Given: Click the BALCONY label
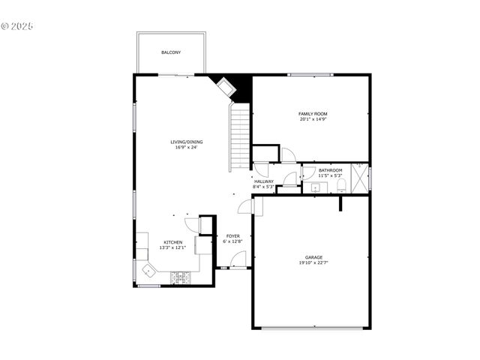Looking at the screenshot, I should point(170,52).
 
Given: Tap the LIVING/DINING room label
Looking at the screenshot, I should point(186,142).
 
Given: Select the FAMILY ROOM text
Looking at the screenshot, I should point(313,114).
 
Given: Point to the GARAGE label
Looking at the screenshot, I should point(313,257).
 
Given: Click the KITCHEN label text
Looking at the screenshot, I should point(173,242).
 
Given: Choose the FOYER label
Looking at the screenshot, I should point(233,235).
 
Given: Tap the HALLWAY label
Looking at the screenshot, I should point(263,181).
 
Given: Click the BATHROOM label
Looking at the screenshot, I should point(330,170).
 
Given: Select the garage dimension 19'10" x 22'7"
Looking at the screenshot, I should point(313,263).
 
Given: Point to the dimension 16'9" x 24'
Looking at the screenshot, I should point(186,147).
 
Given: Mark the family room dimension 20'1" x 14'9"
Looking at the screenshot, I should point(313,119).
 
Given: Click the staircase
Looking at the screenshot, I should point(239,136).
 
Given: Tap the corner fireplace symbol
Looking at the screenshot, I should point(225,87).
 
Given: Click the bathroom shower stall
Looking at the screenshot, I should point(360,178).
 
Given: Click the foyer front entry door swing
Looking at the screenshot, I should point(238,260).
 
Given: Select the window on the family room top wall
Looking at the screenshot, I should point(311,74).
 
